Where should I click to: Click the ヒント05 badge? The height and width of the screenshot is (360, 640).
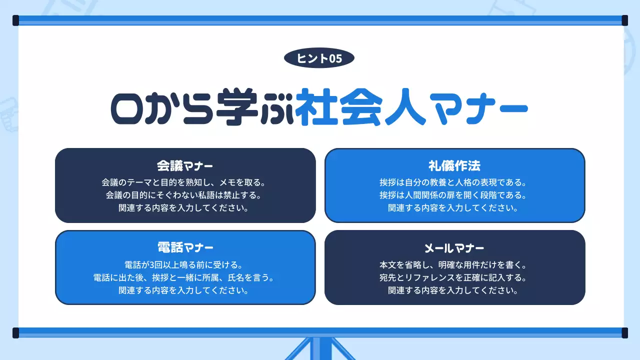pos(319,58)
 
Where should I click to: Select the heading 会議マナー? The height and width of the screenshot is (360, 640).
pos(185,165)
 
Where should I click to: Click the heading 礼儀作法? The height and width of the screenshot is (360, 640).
pos(454,165)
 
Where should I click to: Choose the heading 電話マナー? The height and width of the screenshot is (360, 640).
pos(185,247)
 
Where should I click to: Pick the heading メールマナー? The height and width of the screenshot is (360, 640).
pos(454,247)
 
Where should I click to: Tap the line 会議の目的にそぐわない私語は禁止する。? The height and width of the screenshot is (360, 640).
pos(185,194)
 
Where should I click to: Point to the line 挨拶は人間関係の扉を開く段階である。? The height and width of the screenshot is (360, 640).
pos(454,194)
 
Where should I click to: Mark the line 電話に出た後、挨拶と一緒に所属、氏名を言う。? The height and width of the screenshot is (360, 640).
pos(185,276)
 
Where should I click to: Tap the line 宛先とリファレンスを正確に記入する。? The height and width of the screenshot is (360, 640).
pos(454,276)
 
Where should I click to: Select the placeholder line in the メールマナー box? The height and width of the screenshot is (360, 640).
pos(454,289)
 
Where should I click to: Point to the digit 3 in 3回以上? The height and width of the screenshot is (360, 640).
pos(148,264)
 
